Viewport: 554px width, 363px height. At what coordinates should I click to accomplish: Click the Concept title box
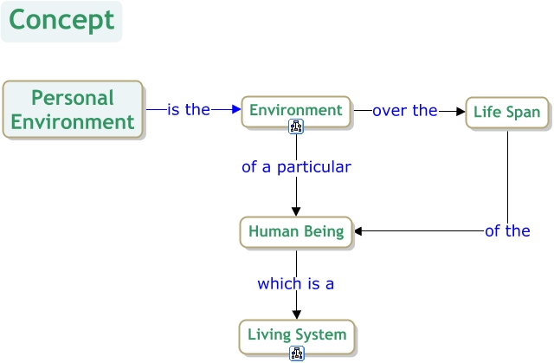coord(61,21)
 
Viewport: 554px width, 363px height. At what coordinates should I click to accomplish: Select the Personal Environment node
coord(73,110)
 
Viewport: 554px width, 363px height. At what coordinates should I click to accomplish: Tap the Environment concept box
coord(296,110)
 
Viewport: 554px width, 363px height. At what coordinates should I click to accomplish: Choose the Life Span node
coord(507,113)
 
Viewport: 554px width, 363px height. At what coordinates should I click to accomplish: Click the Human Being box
coord(296,231)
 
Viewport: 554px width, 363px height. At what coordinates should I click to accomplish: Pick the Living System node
coord(296,334)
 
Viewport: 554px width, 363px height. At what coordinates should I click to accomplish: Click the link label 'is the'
coord(189,110)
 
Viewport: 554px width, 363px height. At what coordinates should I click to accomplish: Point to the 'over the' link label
coord(405,111)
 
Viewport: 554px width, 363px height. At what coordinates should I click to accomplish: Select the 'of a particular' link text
coord(296,167)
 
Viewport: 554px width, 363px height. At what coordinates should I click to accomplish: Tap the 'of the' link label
coord(507,230)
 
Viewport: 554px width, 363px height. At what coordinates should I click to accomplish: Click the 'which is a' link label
coord(296,283)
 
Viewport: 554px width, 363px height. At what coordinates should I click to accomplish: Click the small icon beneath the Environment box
coord(296,128)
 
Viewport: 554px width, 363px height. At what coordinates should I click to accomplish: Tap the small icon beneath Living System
coord(297,353)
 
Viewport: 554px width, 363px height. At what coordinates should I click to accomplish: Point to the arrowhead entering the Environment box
coord(235,110)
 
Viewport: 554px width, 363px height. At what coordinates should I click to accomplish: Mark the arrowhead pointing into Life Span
coord(461,111)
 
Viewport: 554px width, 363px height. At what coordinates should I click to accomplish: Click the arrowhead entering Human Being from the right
coord(359,231)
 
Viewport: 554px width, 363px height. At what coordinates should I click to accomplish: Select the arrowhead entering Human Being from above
coord(296,211)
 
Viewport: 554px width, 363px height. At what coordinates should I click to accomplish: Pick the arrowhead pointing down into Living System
coord(296,314)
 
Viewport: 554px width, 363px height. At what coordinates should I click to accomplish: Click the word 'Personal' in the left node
coord(73,98)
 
